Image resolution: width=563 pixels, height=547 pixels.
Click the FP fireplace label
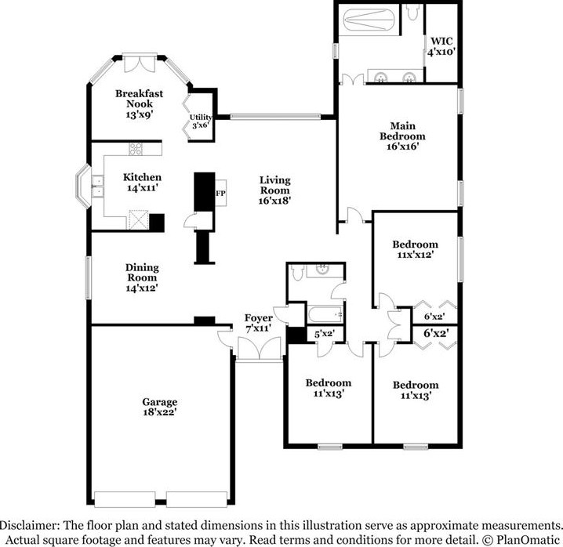pos(220,194)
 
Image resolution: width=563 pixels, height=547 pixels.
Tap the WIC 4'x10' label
pos(441,46)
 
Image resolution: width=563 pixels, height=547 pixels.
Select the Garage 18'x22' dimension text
pos(160,412)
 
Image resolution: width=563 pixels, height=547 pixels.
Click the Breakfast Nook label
pos(140,99)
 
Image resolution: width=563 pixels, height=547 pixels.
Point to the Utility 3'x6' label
pos(201,121)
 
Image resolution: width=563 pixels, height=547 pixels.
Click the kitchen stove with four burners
pos(136,149)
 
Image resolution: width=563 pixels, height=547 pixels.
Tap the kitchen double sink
pos(97,187)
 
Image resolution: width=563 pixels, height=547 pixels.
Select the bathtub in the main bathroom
pos(369,20)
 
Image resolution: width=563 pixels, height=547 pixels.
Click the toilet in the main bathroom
pos(412,13)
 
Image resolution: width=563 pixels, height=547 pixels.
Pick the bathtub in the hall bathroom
pos(325,314)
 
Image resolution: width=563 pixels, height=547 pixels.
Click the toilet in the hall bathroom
pos(298,273)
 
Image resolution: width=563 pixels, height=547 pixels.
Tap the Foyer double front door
pos(260,348)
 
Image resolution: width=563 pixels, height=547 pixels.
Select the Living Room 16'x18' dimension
pos(274,201)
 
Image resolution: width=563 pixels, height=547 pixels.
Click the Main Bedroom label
pos(402,131)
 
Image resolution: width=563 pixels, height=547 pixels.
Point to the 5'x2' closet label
pos(324,334)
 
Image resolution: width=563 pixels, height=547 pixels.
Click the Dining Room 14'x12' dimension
pos(142,288)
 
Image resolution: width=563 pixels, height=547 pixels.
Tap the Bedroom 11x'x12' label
pos(415,249)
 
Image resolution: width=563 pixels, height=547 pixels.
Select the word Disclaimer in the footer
pos(29,526)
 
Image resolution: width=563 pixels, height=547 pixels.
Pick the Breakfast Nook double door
pos(140,64)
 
